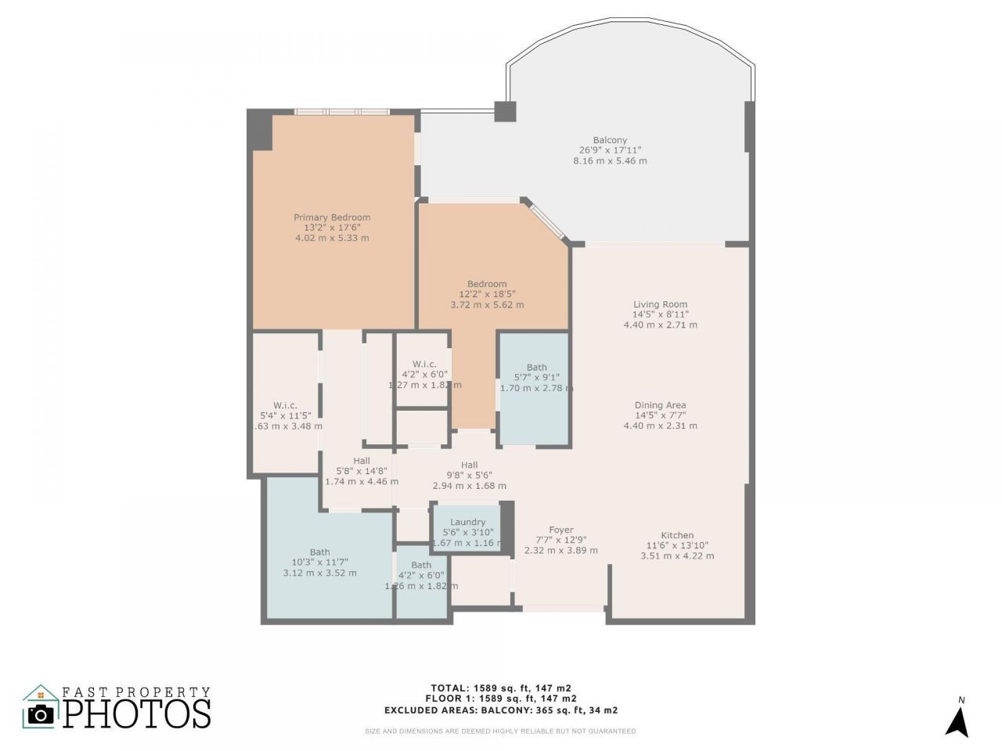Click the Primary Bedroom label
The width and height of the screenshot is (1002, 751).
point(332,217)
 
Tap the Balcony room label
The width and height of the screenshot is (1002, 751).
point(610,141)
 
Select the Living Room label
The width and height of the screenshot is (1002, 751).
point(660,305)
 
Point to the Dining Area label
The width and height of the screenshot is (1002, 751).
point(660,405)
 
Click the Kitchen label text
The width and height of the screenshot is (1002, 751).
point(677,536)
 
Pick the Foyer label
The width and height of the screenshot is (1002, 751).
point(560,530)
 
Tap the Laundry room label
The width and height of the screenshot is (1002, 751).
point(467,523)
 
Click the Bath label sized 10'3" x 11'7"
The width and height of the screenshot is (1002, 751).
point(319,552)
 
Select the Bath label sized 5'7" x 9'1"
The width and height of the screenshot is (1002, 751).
point(536,368)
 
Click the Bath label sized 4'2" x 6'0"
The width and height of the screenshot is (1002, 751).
point(421,566)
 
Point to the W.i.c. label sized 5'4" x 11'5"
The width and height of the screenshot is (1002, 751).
point(285,405)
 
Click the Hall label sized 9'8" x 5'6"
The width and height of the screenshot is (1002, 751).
point(469,465)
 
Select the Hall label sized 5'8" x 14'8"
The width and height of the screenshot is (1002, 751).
point(361,462)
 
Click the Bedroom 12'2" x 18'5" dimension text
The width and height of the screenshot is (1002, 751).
point(487,294)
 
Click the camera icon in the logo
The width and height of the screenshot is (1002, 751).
point(41,713)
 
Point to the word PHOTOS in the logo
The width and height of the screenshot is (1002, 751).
point(137,713)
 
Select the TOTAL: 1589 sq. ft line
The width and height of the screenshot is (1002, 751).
point(501,688)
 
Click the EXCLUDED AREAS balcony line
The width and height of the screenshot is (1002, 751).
point(501,710)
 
